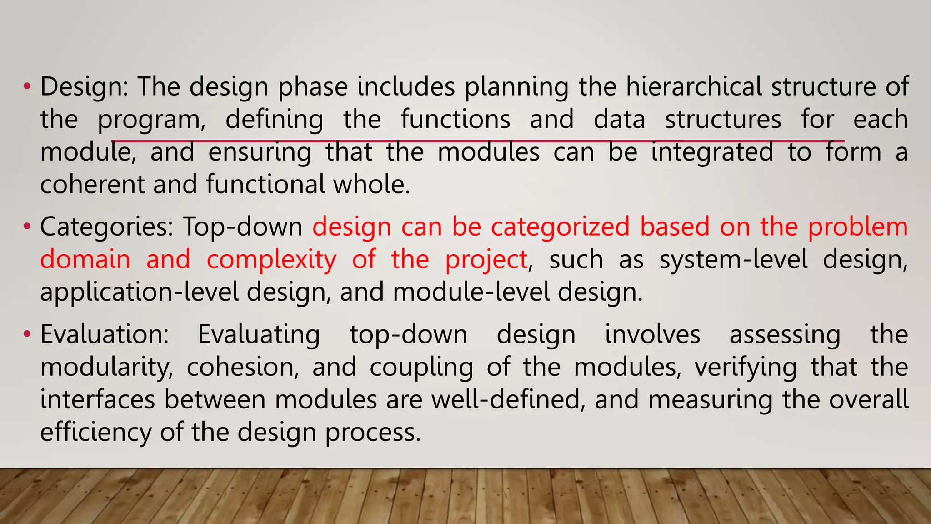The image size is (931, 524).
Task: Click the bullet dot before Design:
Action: pyautogui.click(x=27, y=86)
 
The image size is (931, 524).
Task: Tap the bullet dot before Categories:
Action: pyautogui.click(x=27, y=226)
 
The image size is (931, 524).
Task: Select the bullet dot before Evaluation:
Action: pyautogui.click(x=27, y=334)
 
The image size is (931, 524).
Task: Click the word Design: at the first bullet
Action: pyautogui.click(x=85, y=87)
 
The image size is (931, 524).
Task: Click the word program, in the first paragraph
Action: pyautogui.click(x=152, y=120)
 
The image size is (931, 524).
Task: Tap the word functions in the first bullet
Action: pyautogui.click(x=455, y=119)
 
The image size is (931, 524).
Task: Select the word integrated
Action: pyautogui.click(x=712, y=152)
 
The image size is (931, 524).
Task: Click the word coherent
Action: pyautogui.click(x=92, y=185)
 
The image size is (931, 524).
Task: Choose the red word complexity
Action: pyautogui.click(x=271, y=260)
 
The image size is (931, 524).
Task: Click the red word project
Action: pyautogui.click(x=486, y=260)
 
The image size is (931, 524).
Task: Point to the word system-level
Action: pyautogui.click(x=733, y=260)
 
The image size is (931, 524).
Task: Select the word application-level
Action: pyautogui.click(x=140, y=292)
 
